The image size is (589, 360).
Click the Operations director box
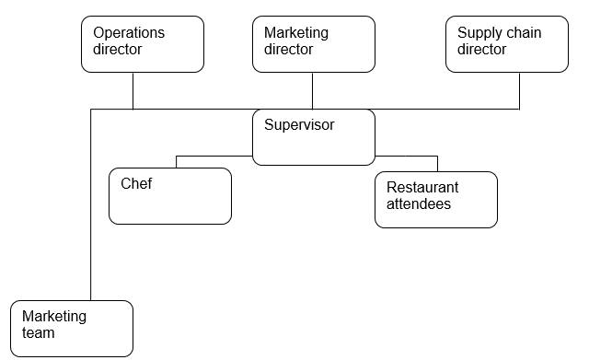(x=143, y=43)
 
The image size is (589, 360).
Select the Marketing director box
(x=314, y=43)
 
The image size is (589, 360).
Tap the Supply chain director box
(x=507, y=43)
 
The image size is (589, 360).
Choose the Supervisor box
(x=314, y=137)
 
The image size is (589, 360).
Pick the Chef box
(x=169, y=195)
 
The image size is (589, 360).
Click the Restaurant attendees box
(x=436, y=199)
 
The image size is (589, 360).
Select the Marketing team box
(x=73, y=328)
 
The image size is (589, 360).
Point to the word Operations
(x=129, y=33)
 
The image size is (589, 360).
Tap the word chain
(x=523, y=33)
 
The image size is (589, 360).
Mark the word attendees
(x=419, y=204)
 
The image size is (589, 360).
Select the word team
(x=39, y=333)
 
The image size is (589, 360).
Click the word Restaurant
(x=422, y=188)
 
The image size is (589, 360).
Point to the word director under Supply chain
(x=481, y=50)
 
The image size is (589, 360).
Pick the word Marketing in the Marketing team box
(x=54, y=317)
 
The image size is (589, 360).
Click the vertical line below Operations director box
(x=133, y=90)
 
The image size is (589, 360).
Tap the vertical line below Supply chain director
(x=520, y=90)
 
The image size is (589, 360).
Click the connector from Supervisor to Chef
(x=212, y=156)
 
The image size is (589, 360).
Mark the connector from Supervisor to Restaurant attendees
(x=410, y=156)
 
